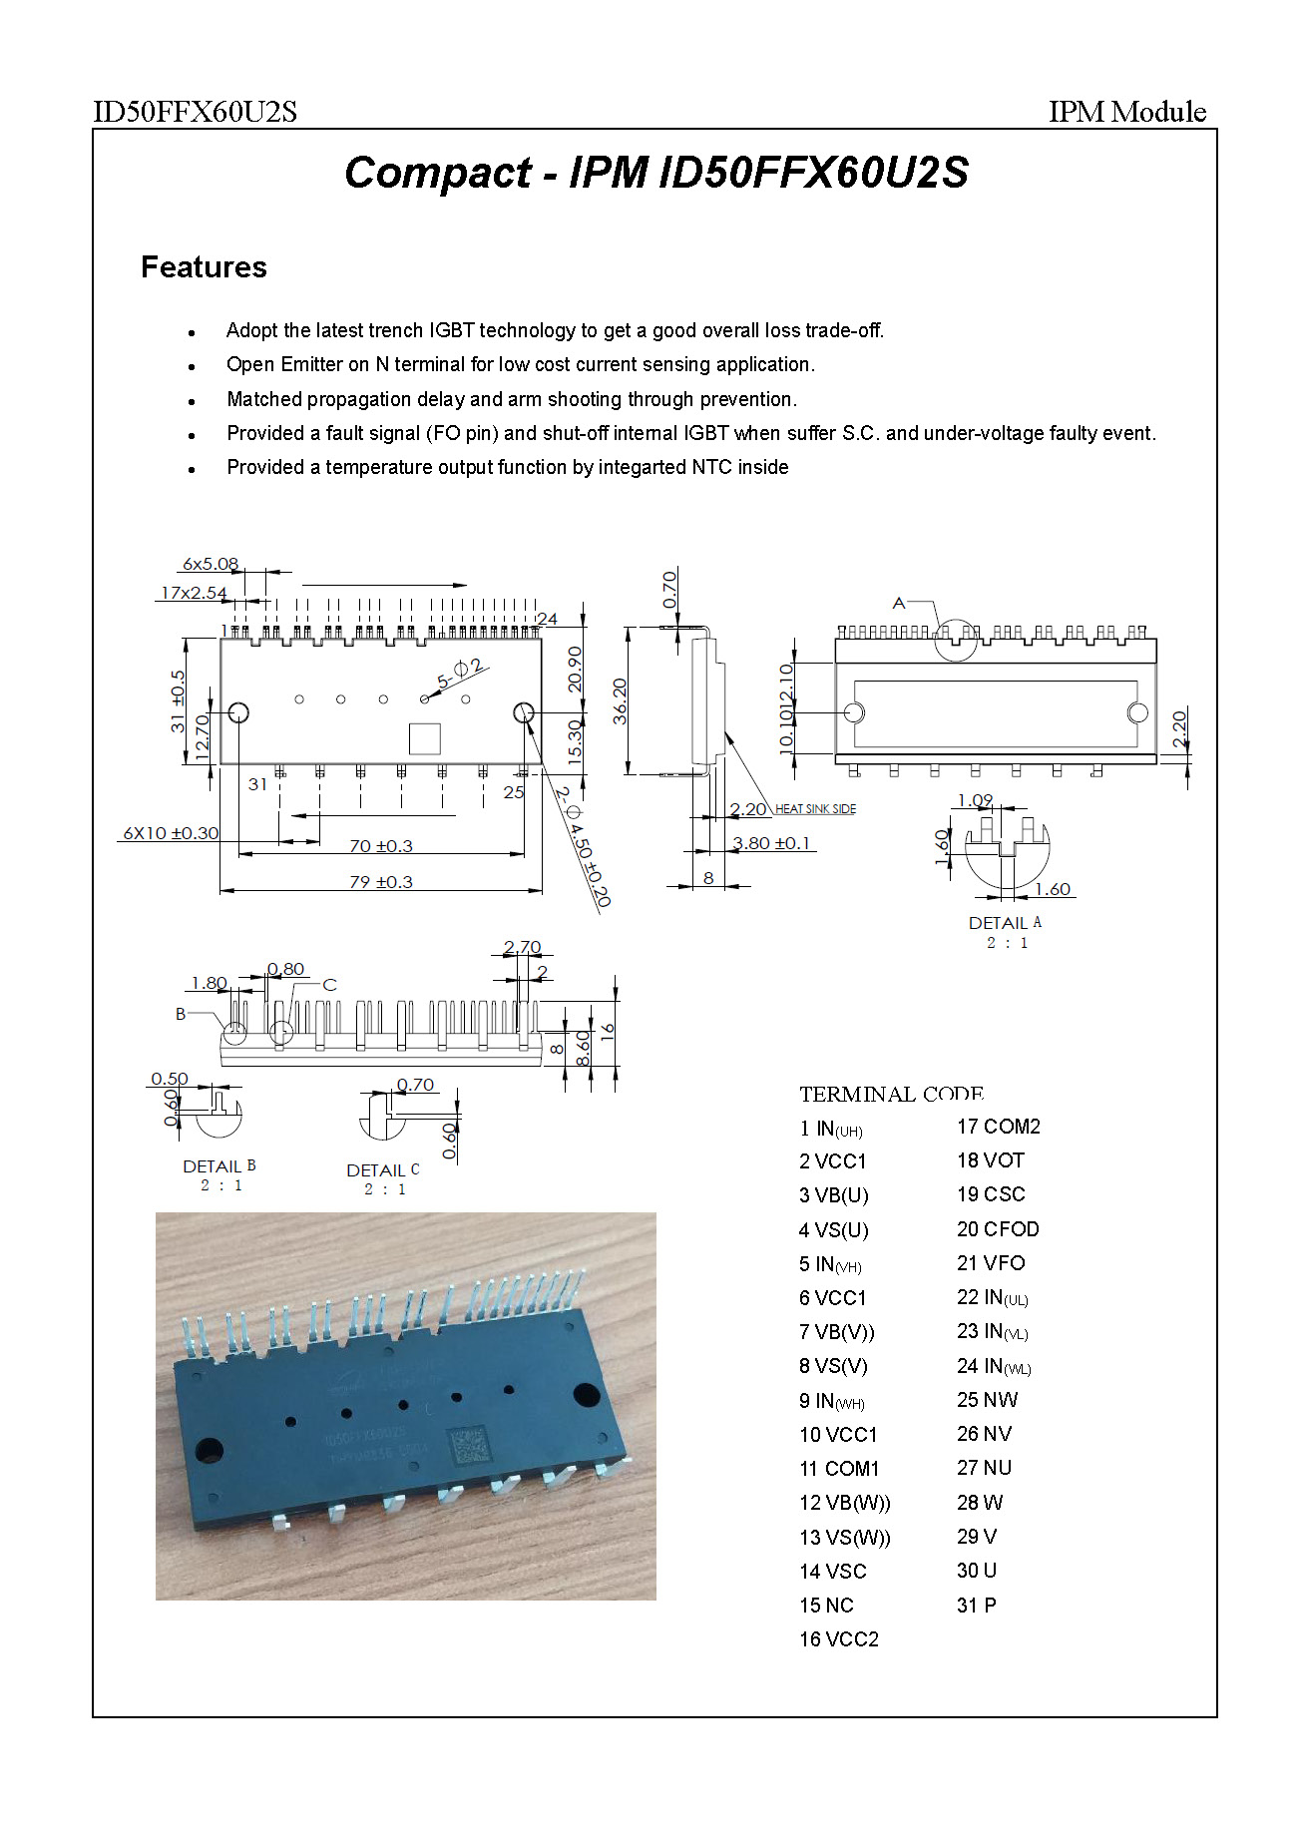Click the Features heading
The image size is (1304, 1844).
[204, 267]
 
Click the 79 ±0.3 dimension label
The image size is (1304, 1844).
[380, 882]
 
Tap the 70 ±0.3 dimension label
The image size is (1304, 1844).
[380, 846]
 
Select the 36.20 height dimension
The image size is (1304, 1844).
[620, 700]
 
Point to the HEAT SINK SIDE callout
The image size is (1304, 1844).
[815, 809]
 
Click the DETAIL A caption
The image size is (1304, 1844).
[1005, 923]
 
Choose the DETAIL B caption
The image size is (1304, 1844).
[219, 1166]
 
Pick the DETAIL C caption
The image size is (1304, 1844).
[383, 1170]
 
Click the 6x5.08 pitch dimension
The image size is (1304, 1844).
[211, 564]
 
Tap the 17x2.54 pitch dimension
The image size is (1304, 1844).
[194, 593]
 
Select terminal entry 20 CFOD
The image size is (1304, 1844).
[998, 1229]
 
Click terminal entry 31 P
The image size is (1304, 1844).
[976, 1606]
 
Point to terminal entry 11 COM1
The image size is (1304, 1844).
[839, 1469]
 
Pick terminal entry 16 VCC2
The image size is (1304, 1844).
[839, 1639]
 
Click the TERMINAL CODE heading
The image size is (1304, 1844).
[891, 1095]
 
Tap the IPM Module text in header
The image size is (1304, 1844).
[1126, 112]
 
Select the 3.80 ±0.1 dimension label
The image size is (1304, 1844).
[771, 843]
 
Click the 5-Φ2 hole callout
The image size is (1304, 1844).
[460, 674]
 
